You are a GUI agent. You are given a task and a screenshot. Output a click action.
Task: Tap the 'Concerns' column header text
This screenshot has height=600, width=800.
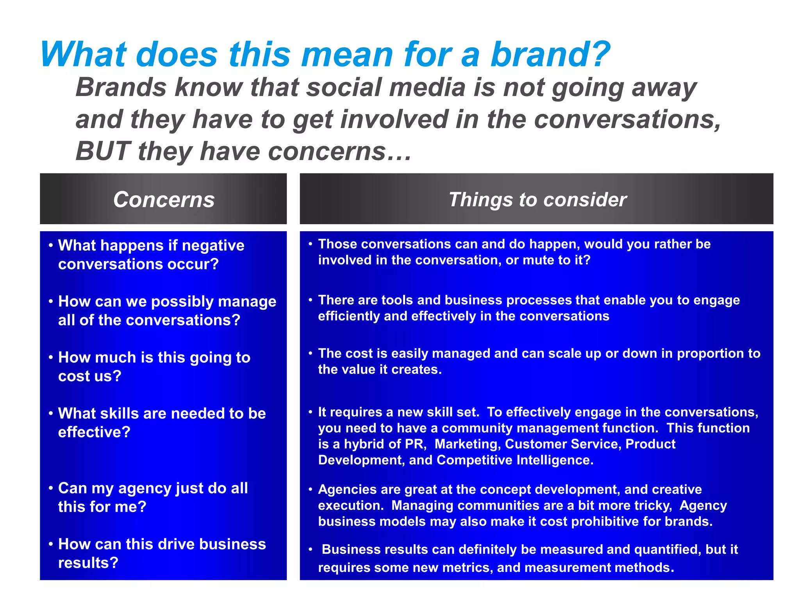coord(164,200)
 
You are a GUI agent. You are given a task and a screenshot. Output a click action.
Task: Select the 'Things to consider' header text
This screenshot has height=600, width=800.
coord(537,200)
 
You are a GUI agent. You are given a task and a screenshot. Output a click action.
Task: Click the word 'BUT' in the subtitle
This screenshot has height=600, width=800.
coord(102,151)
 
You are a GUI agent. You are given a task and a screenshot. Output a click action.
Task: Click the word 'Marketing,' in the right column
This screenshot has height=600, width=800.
coord(468,444)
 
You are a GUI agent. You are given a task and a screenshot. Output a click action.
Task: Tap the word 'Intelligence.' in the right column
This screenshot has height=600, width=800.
coord(555,460)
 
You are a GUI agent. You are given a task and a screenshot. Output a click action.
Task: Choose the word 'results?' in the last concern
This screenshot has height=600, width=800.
coord(88,563)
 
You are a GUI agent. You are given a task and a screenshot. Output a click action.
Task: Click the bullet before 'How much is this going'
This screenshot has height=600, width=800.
coord(51,357)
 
